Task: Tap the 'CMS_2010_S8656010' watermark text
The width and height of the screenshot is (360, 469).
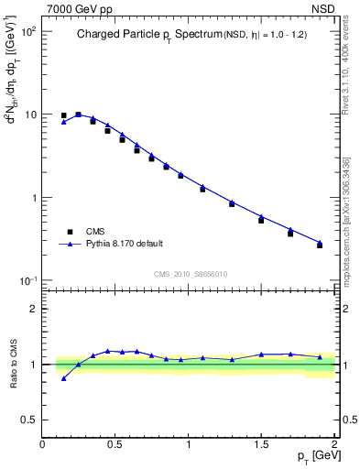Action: click(x=190, y=274)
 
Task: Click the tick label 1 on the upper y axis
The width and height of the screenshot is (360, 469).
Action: click(x=34, y=198)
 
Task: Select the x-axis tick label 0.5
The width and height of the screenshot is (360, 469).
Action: click(x=115, y=445)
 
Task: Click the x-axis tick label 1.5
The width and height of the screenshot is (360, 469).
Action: click(x=262, y=445)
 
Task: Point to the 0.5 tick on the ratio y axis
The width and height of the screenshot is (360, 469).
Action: click(x=30, y=420)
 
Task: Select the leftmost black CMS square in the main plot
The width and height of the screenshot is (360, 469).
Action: click(x=63, y=116)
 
